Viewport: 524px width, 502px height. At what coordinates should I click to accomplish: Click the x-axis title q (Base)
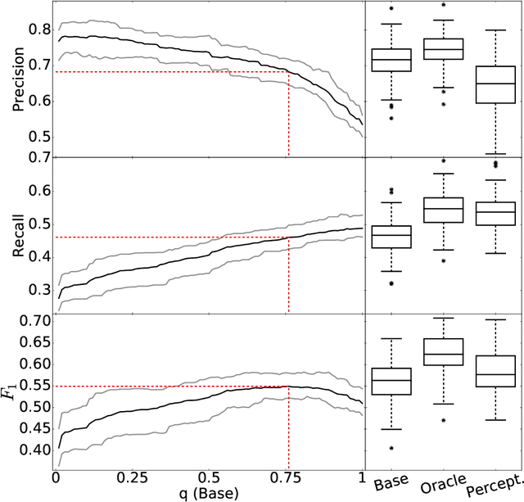209,495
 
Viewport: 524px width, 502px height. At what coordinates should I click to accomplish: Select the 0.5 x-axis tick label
210,478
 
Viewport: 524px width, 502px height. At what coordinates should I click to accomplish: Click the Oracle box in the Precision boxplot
446,49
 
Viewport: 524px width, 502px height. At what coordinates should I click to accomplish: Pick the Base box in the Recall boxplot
392,237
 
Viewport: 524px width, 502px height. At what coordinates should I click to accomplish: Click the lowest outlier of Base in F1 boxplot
392,449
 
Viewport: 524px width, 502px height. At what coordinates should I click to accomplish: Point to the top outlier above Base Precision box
392,8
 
